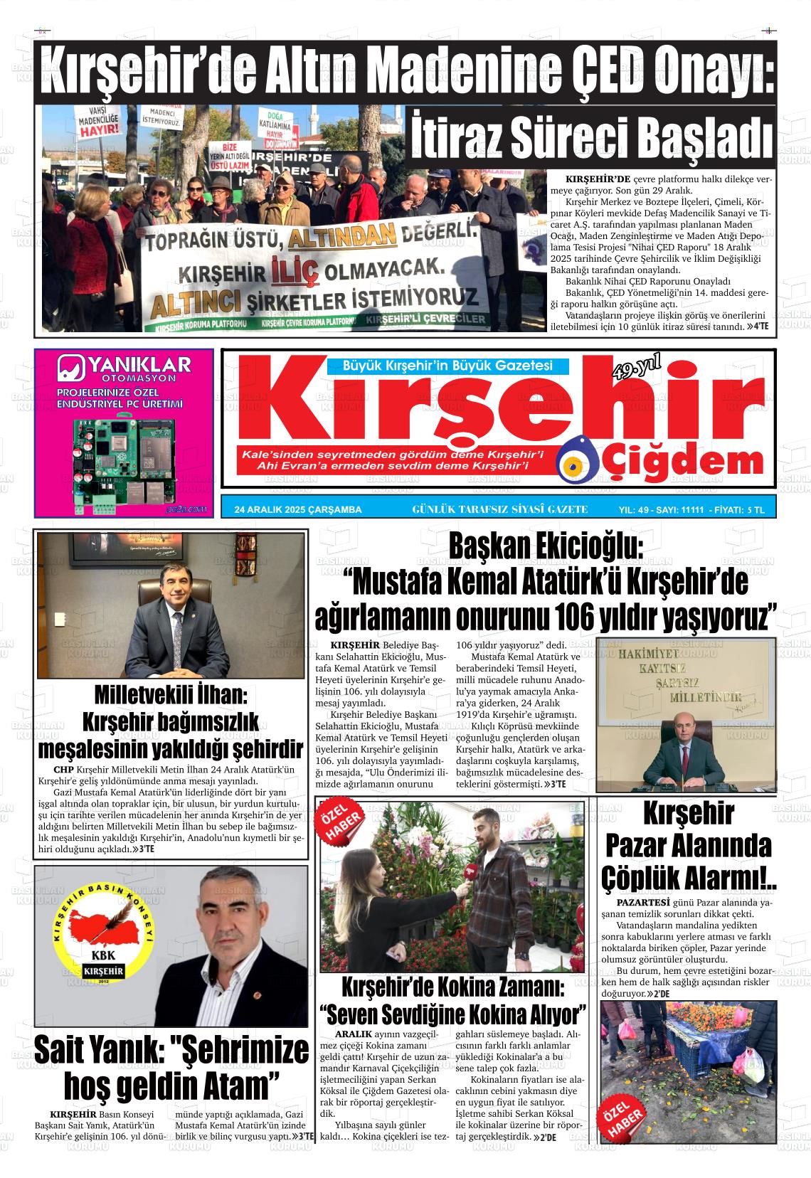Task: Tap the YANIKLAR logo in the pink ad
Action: (x=124, y=369)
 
